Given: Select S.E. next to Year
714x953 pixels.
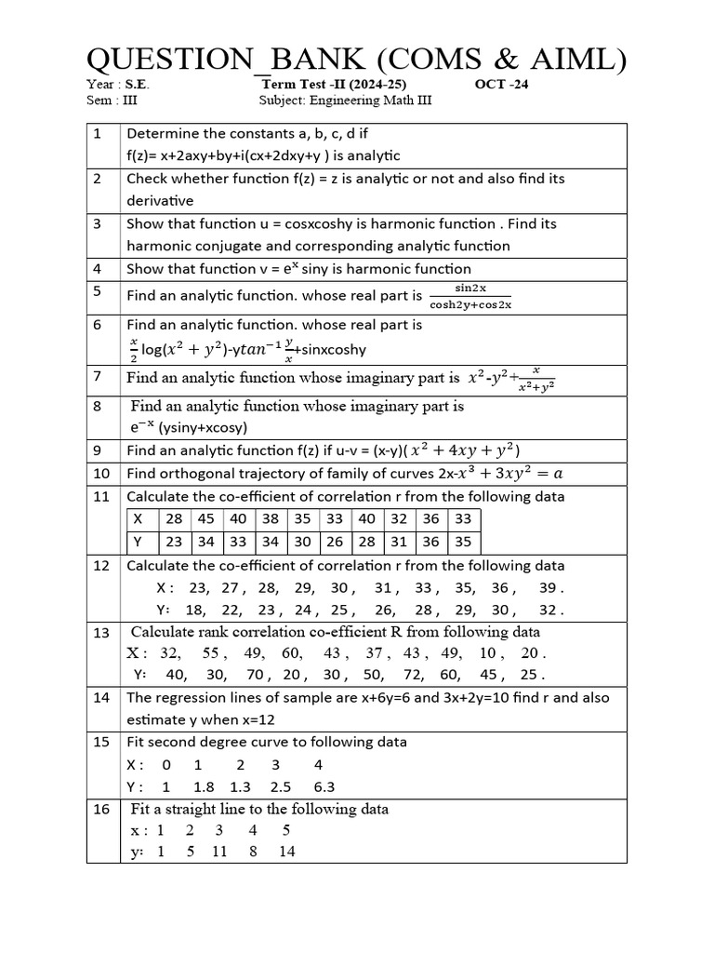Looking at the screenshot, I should coord(136,84).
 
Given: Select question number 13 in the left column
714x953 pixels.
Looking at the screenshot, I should coord(101,633).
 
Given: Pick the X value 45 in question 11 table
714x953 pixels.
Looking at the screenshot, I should coord(206,518).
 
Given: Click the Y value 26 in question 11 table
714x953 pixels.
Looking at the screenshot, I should coord(335,541).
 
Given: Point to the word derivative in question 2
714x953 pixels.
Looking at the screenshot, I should coord(160,200).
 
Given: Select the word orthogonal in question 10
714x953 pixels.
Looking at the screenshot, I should coord(195,473).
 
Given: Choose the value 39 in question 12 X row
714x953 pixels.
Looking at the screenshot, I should coord(549,587).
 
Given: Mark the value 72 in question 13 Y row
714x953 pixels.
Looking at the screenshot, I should coord(414,675).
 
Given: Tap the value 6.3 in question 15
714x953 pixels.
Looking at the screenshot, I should coord(323,786).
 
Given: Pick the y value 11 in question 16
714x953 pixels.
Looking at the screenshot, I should coord(219,851).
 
